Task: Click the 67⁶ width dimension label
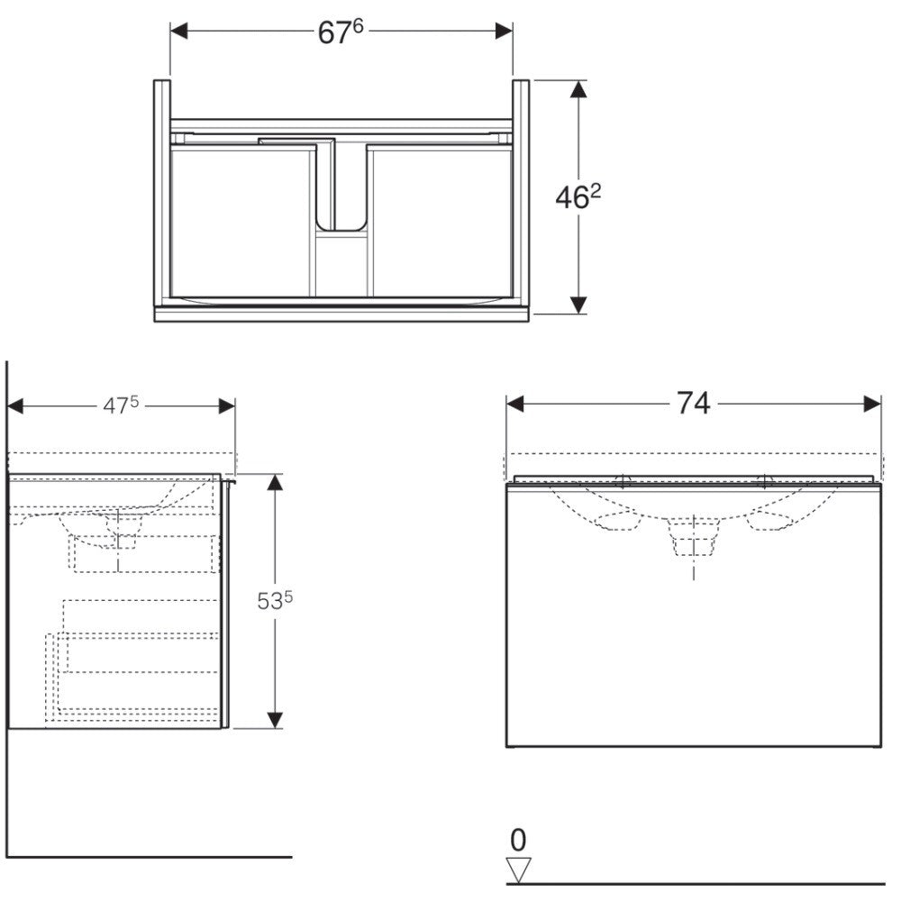pyautogui.click(x=341, y=32)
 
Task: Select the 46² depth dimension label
pyautogui.click(x=578, y=197)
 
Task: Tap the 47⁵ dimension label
pyautogui.click(x=121, y=405)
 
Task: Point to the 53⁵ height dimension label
pyautogui.click(x=275, y=600)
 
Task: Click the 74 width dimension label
pyautogui.click(x=693, y=404)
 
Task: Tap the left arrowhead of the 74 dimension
pyautogui.click(x=515, y=404)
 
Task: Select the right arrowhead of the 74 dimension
pyautogui.click(x=872, y=404)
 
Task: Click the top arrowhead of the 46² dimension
pyautogui.click(x=578, y=89)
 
